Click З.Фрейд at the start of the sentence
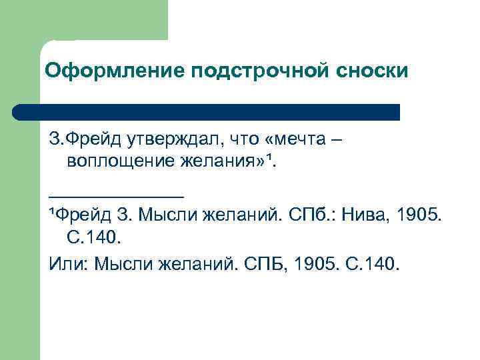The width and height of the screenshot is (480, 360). tap(77, 139)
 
